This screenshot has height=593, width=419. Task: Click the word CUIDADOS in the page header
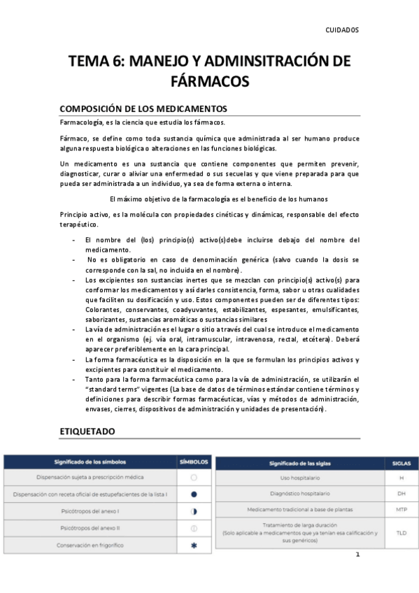coord(342,31)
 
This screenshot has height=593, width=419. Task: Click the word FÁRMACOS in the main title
coord(210,81)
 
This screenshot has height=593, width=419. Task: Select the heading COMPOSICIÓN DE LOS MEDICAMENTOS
coord(143,108)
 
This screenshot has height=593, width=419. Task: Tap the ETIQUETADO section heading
coord(87,431)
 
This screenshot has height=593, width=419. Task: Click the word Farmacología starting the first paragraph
coord(81,123)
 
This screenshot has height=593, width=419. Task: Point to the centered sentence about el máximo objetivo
coord(210,199)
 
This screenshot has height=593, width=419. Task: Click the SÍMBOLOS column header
coord(194,462)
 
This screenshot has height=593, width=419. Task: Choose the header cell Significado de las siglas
coord(299,464)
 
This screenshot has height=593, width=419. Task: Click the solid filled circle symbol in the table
coord(194,494)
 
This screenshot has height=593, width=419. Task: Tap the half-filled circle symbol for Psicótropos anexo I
coord(194,511)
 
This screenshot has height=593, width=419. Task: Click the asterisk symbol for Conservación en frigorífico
coord(194,545)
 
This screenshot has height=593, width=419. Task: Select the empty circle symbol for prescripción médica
coord(194,477)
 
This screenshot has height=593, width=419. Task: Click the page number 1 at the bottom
coord(357,555)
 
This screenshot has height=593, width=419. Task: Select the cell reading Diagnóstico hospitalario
coord(299,493)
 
